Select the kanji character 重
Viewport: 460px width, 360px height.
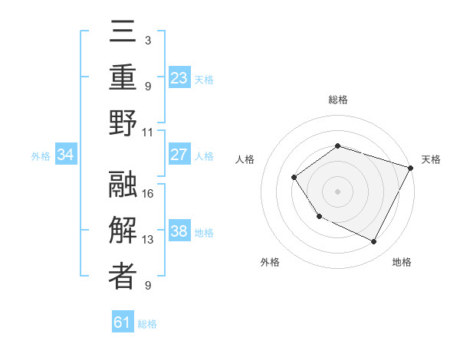click(123, 77)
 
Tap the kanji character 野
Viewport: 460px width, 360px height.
click(123, 123)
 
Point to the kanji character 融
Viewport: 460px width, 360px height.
click(123, 185)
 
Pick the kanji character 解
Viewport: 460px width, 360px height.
click(123, 231)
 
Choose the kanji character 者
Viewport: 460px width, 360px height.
click(123, 277)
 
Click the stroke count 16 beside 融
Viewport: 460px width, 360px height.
click(149, 193)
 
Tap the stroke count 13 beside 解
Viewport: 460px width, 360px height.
click(149, 240)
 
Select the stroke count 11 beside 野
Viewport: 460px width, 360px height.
click(149, 132)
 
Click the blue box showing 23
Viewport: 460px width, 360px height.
click(179, 78)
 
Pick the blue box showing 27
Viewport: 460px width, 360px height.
click(179, 155)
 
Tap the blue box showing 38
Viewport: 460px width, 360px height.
click(179, 232)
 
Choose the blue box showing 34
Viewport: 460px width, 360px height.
click(66, 155)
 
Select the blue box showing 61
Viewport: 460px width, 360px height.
click(122, 322)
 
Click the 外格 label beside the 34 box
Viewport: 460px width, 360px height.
click(41, 156)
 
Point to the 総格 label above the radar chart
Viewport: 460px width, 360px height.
click(337, 100)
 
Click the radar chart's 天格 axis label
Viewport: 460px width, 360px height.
click(431, 159)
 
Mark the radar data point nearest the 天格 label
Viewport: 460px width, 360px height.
click(411, 167)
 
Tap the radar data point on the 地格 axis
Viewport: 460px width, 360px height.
click(373, 241)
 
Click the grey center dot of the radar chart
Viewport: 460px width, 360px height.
click(337, 191)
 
